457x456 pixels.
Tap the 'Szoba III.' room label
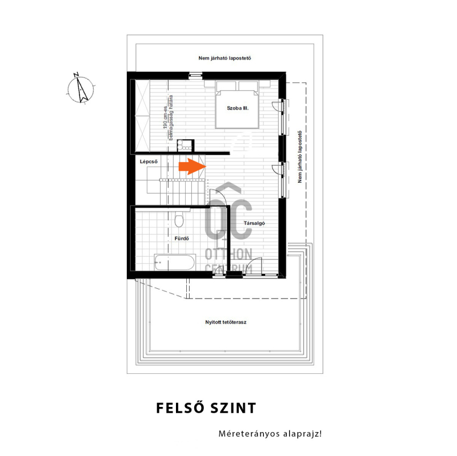(x=238, y=108)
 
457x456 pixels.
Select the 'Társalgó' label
(x=254, y=223)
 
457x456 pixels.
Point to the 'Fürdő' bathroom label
(x=182, y=239)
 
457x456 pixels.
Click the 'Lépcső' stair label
(x=149, y=162)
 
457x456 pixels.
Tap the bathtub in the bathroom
(x=175, y=262)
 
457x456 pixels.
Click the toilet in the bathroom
(x=179, y=220)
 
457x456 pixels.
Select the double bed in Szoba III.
(x=237, y=105)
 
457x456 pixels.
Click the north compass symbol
(x=81, y=90)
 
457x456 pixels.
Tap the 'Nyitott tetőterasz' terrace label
(x=226, y=322)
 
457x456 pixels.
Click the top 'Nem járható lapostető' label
(x=225, y=58)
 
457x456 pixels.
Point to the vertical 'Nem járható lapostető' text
(x=299, y=156)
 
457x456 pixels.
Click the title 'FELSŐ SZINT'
(x=206, y=408)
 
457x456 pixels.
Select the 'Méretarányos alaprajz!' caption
(x=270, y=434)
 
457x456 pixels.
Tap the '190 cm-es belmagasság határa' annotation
(x=168, y=118)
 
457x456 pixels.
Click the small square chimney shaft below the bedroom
(x=185, y=146)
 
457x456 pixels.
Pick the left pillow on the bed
(x=226, y=86)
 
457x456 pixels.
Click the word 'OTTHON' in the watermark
(x=228, y=254)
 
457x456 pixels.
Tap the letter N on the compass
(x=76, y=75)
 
